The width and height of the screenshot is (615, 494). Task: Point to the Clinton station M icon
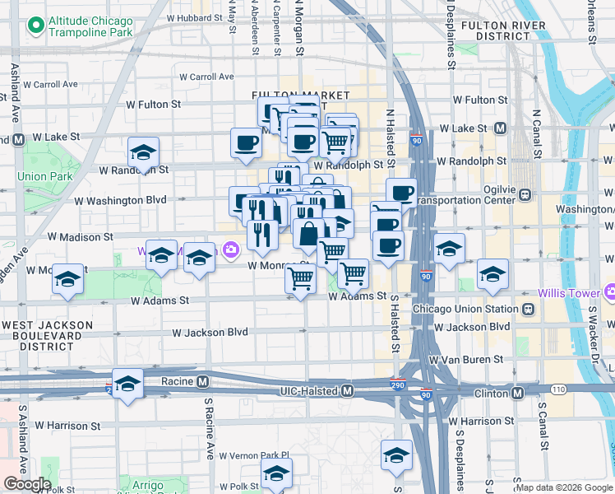point(517,394)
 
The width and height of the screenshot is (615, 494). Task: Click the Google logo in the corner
point(26,484)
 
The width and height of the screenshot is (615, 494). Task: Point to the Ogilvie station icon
point(525,195)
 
